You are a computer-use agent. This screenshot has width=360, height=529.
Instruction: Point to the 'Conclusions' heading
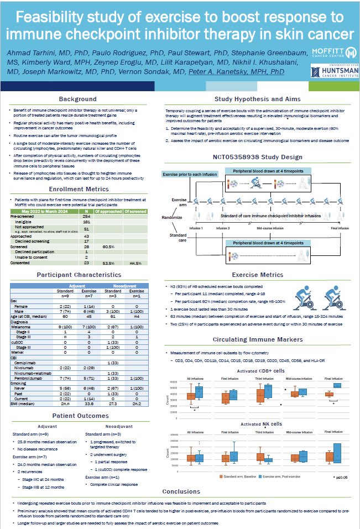[x=181, y=491]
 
